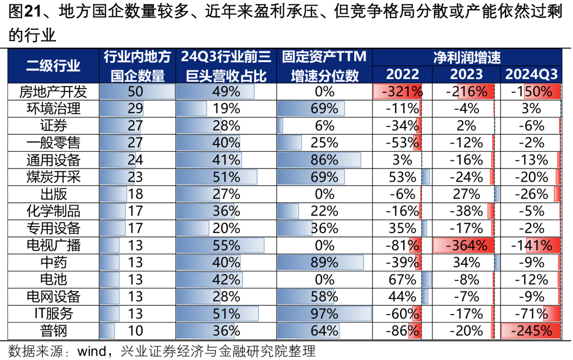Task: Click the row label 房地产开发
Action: point(54,92)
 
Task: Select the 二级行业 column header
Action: point(54,66)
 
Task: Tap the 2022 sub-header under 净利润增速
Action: point(402,74)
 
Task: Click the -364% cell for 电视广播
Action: point(466,245)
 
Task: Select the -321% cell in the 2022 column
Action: point(402,92)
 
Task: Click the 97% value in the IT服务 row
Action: point(324,314)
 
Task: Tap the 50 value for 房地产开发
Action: point(135,92)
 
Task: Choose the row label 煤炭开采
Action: point(54,177)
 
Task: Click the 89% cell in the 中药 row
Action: point(324,262)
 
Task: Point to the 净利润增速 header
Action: point(467,57)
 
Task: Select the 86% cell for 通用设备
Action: point(324,160)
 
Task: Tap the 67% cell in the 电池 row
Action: point(402,279)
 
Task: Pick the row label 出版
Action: point(54,194)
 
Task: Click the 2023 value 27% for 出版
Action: point(466,194)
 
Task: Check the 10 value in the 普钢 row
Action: point(135,331)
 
